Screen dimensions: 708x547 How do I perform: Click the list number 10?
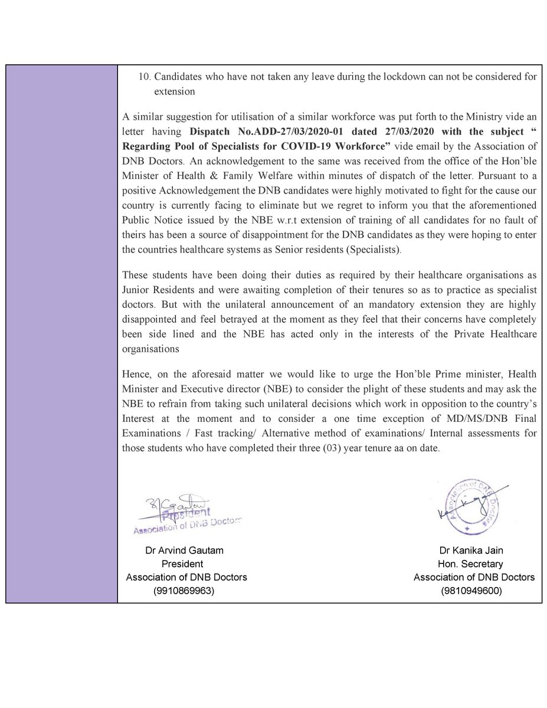click(x=143, y=78)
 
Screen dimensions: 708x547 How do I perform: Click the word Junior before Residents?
click(x=137, y=290)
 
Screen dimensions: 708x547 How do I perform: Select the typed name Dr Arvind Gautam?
click(x=185, y=550)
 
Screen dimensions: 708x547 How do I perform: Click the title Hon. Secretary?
click(x=474, y=563)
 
